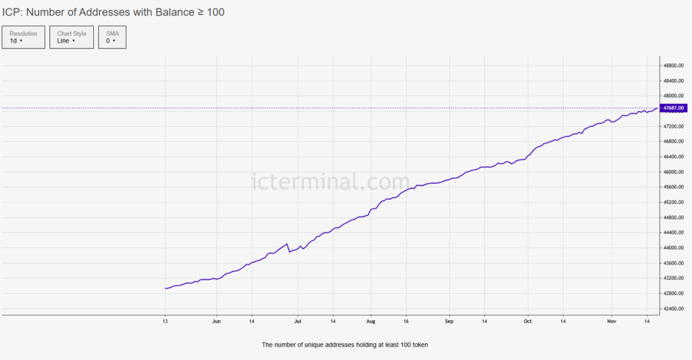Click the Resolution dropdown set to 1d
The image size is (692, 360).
click(x=24, y=37)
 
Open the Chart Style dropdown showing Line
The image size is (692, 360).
click(x=72, y=37)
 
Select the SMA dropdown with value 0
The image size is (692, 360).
click(x=112, y=37)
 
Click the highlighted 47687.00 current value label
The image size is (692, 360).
click(x=674, y=108)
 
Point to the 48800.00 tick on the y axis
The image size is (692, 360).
click(x=674, y=66)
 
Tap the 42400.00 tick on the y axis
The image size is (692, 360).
click(x=674, y=309)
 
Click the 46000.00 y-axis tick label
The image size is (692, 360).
click(x=674, y=172)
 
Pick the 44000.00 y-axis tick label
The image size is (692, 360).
click(x=674, y=248)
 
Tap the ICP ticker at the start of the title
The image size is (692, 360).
click(x=11, y=12)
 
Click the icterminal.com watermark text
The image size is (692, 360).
click(x=330, y=182)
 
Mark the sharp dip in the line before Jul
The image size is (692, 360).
click(x=290, y=252)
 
